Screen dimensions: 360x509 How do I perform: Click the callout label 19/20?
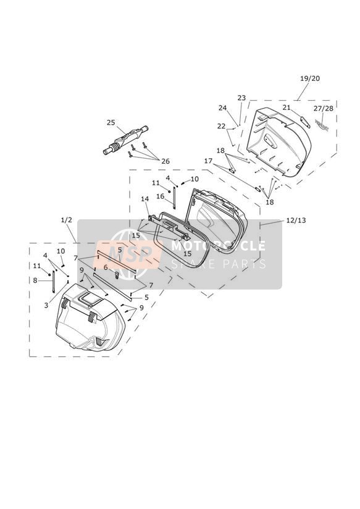(310, 78)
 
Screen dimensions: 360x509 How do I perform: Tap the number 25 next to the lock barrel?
(111, 122)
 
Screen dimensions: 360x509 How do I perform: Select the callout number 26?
(165, 161)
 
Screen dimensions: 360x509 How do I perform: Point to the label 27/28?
(324, 109)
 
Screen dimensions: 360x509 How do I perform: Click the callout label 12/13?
(296, 220)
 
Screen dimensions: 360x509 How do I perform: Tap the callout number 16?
(161, 196)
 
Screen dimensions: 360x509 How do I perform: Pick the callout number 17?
(208, 161)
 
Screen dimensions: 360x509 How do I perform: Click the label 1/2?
(66, 220)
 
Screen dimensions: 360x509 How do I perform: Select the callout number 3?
(46, 305)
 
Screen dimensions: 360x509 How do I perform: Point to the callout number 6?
(106, 267)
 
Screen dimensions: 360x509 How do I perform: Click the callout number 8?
(35, 280)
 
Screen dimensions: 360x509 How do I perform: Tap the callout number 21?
(287, 107)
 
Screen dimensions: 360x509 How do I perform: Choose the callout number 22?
(221, 126)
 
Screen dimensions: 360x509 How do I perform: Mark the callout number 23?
(241, 98)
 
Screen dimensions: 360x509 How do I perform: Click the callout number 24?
(222, 107)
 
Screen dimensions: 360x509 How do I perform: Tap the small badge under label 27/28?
(322, 125)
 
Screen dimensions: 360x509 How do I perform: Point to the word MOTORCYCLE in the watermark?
(218, 246)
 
